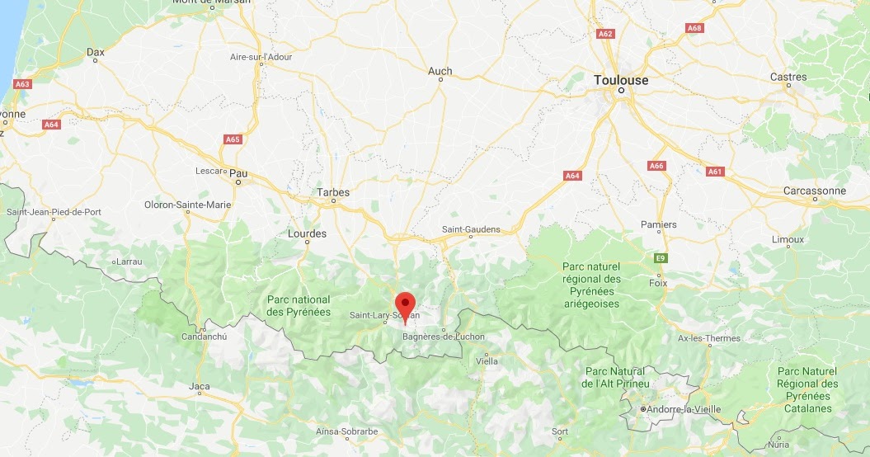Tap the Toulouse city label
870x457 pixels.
click(621, 80)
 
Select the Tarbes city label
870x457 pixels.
click(333, 192)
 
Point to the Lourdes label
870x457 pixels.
click(307, 233)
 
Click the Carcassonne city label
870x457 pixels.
click(815, 191)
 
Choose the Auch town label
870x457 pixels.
click(440, 71)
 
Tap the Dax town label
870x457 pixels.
click(96, 52)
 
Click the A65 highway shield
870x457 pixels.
click(233, 139)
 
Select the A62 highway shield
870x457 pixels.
click(605, 34)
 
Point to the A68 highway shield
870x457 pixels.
click(694, 28)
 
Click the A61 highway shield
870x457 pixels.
click(715, 172)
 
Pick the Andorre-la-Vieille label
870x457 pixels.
click(684, 409)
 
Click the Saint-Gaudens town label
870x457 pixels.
click(471, 228)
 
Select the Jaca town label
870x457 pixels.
click(199, 386)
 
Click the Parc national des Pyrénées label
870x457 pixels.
click(299, 306)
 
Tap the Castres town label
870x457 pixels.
click(788, 77)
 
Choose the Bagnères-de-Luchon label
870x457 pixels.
click(444, 337)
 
